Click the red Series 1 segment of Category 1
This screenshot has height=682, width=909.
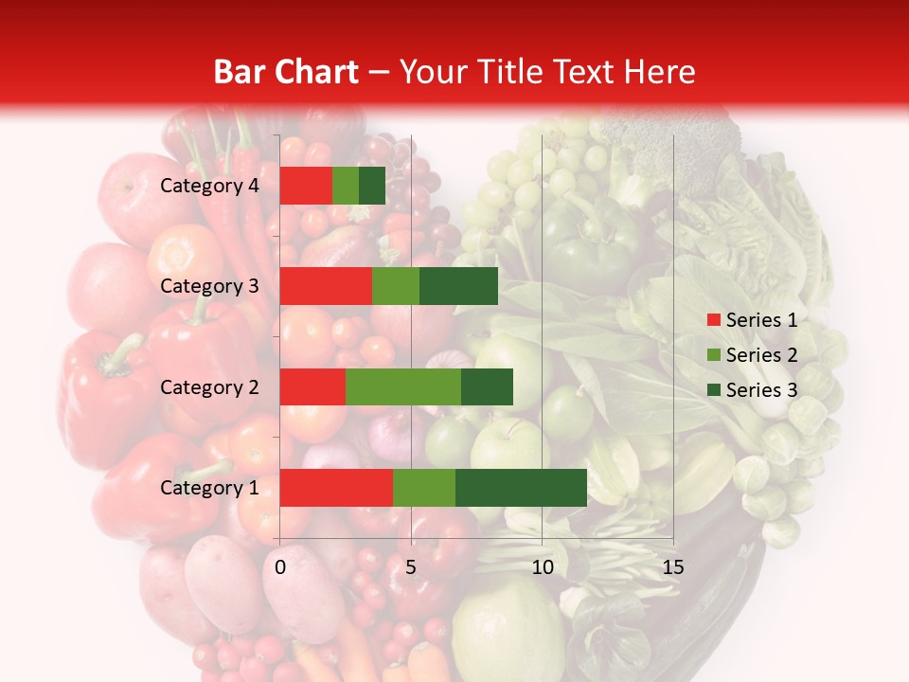coord(336,488)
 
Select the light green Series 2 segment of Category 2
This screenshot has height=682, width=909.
coord(403,386)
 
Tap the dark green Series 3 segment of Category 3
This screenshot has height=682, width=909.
coord(458,286)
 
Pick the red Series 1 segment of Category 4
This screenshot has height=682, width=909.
coord(306,186)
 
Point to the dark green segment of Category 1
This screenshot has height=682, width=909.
coord(521,488)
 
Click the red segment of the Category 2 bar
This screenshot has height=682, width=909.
coord(312,386)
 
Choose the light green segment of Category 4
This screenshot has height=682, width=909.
coord(346,186)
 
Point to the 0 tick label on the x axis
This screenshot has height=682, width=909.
coord(280,567)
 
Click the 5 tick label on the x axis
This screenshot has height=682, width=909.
coord(411,567)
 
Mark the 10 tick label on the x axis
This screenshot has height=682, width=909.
coord(542,567)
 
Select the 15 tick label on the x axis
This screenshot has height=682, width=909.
coord(673,567)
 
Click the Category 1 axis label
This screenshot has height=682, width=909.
coord(209,488)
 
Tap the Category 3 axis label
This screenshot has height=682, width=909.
coord(209,286)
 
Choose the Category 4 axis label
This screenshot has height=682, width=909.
coord(209,186)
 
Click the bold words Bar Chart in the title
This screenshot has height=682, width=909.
coord(286,72)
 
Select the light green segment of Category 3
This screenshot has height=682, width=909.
coord(396,286)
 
